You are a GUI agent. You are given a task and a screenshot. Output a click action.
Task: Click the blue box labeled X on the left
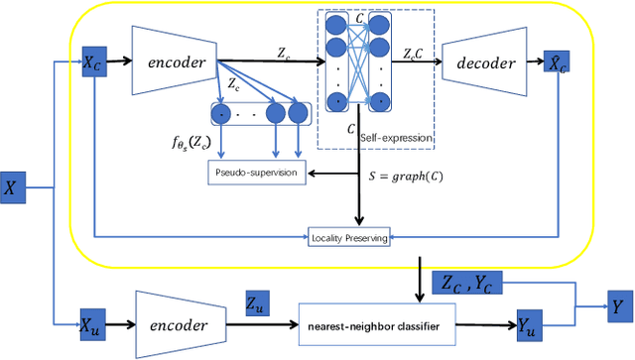[12, 186]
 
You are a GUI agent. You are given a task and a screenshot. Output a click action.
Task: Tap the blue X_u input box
[93, 320]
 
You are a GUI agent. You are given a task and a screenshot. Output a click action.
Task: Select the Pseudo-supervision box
[256, 174]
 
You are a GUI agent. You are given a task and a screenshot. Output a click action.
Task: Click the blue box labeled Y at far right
[620, 307]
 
